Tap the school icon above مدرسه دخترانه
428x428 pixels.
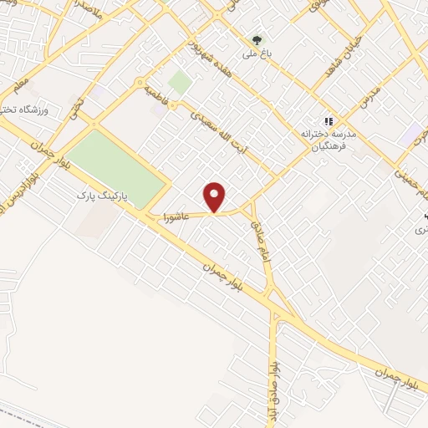point(329,120)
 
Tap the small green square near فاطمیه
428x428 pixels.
point(179,82)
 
